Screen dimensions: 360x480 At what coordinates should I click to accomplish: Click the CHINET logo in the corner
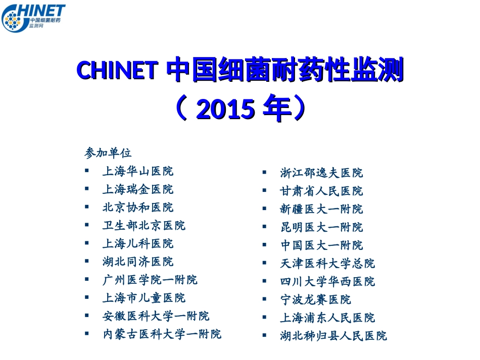pos(33,18)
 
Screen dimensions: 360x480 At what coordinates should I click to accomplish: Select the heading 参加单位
pos(108,152)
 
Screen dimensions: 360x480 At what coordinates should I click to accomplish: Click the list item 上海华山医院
pos(137,171)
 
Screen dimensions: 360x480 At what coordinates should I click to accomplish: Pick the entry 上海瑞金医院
pos(137,189)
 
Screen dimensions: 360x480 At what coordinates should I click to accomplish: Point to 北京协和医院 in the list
pos(137,208)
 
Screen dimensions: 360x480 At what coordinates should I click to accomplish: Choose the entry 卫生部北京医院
pos(143,226)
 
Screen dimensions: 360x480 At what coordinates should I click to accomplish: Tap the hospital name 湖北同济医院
pos(137,262)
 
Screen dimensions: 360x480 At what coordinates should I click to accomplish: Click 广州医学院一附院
pos(150,280)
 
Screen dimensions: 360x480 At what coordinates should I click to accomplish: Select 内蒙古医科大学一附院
pos(162,334)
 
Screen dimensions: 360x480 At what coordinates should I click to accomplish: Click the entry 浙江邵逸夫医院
pos(321,173)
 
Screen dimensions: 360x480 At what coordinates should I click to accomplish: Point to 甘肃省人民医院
pos(321,191)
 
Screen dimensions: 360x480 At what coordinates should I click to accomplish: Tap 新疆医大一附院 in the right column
pos(321,209)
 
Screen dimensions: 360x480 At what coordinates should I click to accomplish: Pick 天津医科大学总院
pos(327,264)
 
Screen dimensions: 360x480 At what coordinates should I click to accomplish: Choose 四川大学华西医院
pos(327,282)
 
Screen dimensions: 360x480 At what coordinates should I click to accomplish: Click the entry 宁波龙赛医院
pos(315,300)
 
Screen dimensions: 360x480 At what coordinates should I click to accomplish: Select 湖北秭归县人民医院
pos(333,336)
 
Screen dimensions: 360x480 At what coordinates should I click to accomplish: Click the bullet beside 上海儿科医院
pos(87,243)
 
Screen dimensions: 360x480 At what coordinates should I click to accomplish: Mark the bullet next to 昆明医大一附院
pos(264,227)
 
